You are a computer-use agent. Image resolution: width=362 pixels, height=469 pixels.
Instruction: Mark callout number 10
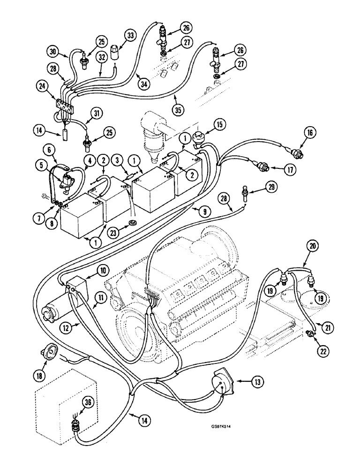(103, 270)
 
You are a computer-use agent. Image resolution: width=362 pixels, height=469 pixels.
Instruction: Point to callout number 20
(313, 245)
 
